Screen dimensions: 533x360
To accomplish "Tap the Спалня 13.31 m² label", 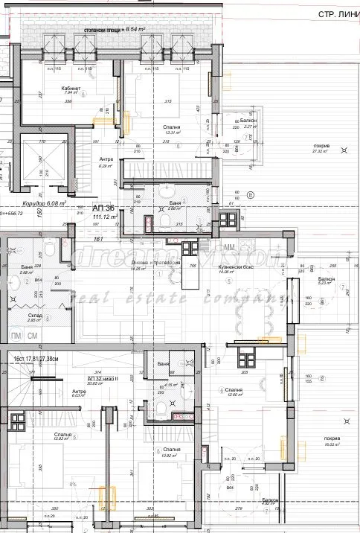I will pyautogui.click(x=173, y=128).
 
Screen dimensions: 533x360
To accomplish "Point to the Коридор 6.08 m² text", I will pyautogui.click(x=44, y=202).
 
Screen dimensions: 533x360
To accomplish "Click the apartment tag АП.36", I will pyautogui.click(x=103, y=208).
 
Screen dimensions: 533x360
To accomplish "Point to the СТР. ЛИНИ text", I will pyautogui.click(x=328, y=15).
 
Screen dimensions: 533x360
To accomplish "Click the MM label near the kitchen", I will pyautogui.click(x=230, y=246).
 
